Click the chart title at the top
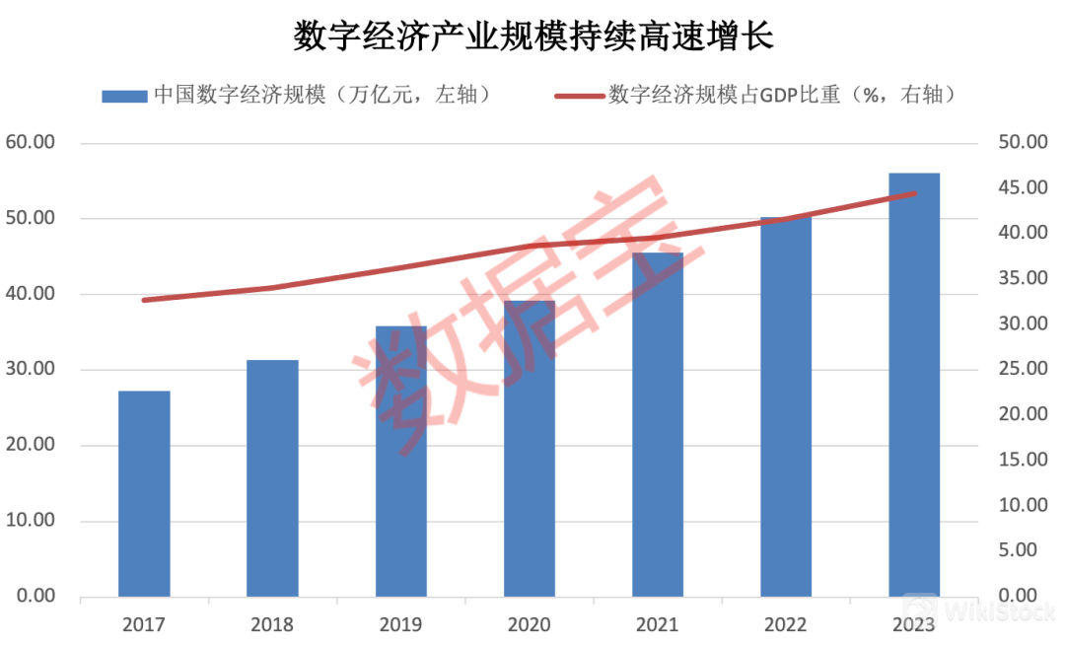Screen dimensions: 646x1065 click(533, 36)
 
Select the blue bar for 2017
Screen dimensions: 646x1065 click(144, 493)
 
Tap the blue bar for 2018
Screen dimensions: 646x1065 click(272, 478)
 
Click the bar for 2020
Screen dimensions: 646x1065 click(530, 449)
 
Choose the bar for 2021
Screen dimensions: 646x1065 click(658, 425)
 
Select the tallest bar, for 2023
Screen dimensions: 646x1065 click(914, 385)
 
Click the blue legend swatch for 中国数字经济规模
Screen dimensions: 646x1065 click(123, 96)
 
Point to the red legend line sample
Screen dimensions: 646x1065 click(578, 96)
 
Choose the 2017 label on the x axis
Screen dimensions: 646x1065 click(144, 624)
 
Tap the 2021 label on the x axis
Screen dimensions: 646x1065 click(658, 624)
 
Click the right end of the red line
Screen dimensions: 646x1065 click(914, 193)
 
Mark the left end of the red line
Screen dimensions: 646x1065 click(145, 300)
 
